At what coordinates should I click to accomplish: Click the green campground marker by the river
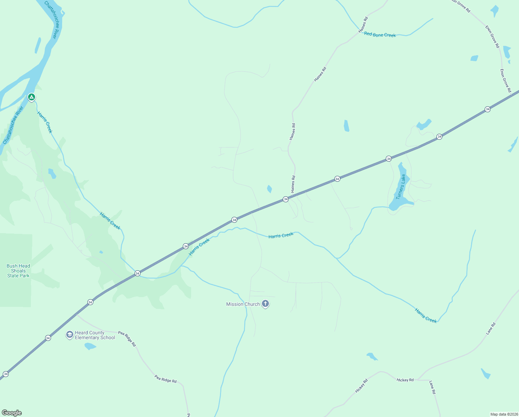pos(32,97)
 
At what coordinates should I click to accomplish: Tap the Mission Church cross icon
pos(265,304)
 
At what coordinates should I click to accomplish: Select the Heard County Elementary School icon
pos(70,335)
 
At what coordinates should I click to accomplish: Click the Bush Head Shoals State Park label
pos(18,271)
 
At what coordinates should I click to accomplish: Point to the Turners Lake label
pos(400,187)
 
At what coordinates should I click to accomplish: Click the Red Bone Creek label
pos(380,35)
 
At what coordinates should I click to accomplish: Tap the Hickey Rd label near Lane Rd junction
pos(405,380)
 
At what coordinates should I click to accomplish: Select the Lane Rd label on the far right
pos(491,328)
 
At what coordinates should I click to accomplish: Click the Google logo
pos(12,413)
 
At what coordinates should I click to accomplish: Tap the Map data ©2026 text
pos(503,414)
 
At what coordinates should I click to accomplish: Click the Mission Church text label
pos(243,304)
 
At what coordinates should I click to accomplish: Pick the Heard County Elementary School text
pos(95,335)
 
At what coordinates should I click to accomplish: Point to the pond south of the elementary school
pos(90,346)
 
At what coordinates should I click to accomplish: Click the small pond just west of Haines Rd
pos(270,189)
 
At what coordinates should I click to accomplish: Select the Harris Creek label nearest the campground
pos(45,122)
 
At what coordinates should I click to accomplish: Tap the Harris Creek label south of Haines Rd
pos(281,235)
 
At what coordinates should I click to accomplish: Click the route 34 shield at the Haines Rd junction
pos(286,199)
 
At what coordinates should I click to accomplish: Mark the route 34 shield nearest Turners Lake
pos(389,158)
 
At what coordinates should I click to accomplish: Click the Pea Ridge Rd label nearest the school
pos(127,338)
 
